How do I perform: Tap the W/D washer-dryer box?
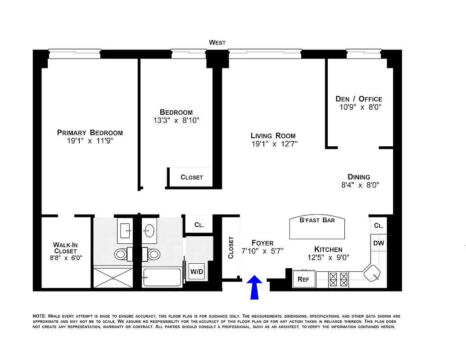tap(196, 272)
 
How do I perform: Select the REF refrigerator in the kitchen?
tap(303, 279)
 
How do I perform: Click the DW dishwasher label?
tap(379, 243)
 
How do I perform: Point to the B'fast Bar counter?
tap(317, 227)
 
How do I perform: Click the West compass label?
tap(217, 42)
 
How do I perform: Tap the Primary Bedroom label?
tap(90, 132)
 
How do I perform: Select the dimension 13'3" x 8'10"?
tap(176, 121)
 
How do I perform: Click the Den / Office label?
tap(359, 99)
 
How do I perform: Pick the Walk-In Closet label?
tap(65, 248)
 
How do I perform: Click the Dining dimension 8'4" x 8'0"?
tap(359, 185)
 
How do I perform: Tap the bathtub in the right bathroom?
tap(162, 277)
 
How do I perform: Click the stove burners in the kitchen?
tap(339, 279)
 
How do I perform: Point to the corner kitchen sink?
tap(372, 273)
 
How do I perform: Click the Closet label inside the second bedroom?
tap(192, 177)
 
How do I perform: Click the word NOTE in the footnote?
tap(39, 316)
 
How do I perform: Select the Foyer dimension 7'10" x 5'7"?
tap(262, 251)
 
